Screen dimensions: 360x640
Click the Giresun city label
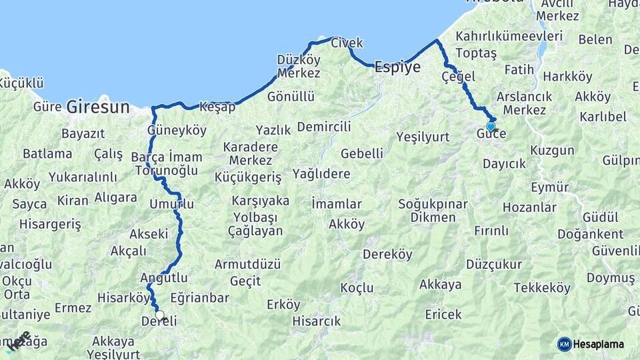pos(98,106)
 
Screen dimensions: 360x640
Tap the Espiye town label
pos(397,67)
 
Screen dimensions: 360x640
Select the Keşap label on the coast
pos(217,107)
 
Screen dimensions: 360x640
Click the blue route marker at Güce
pos(491,126)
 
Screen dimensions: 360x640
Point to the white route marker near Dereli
pos(159,315)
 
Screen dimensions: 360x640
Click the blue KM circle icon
pos(565,344)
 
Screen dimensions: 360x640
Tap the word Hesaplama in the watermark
pos(599,344)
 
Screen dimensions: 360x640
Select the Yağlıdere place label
pos(321,174)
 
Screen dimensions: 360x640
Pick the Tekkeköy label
pos(542,288)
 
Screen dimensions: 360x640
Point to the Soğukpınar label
pos(433,203)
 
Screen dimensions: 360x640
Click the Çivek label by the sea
pos(347,43)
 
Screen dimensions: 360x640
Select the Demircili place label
pos(324,127)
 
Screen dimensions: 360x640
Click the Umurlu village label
pos(172,204)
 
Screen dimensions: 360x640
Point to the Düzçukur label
pos(494,264)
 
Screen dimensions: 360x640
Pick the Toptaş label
pos(475,53)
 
